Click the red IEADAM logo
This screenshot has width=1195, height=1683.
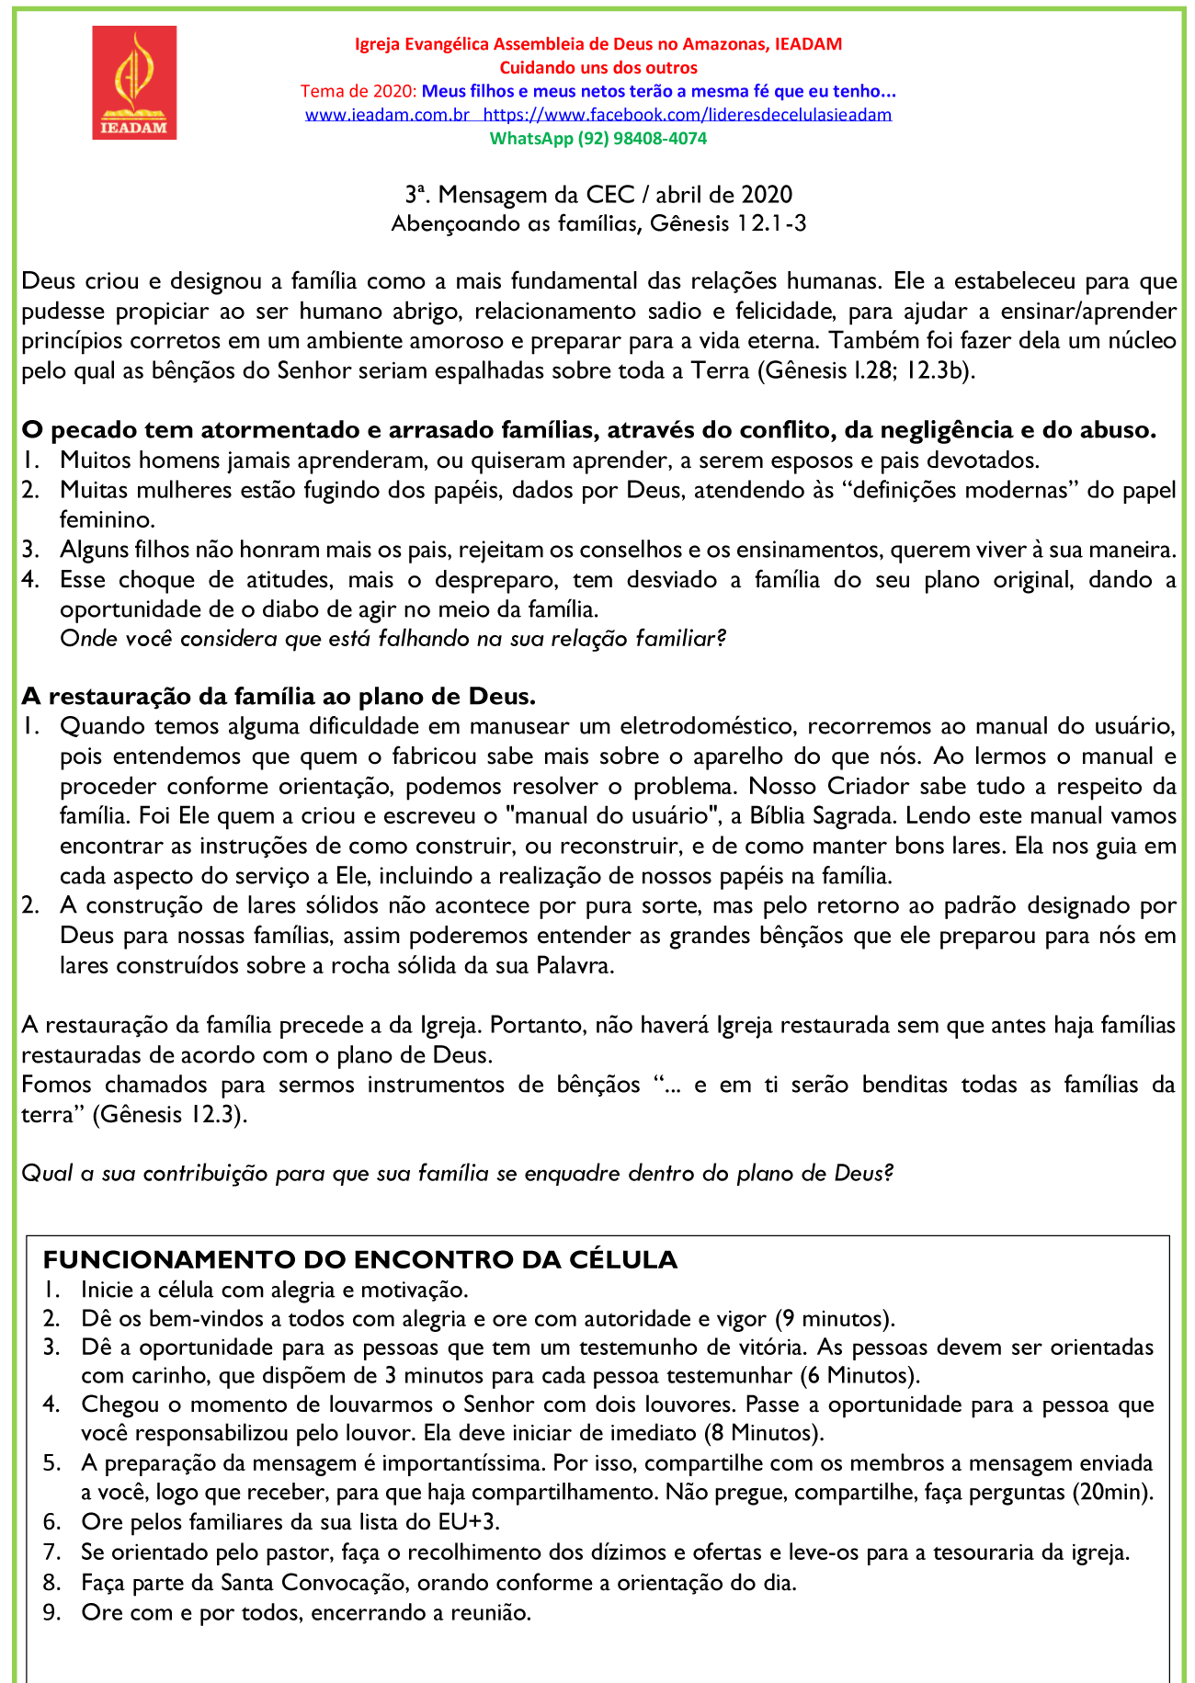pos(134,83)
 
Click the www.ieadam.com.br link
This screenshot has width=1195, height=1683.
pos(387,115)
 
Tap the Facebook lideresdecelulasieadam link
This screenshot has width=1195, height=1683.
pos(687,115)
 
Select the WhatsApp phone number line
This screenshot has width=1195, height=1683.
pos(597,139)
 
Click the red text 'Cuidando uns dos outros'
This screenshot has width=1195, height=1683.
pos(598,68)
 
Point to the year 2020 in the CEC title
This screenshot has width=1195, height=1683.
pos(766,195)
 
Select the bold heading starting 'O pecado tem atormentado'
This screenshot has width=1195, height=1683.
pos(588,430)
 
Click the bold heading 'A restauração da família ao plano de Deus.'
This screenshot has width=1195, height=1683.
pos(279,696)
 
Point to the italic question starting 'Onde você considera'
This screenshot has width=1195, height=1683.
pos(393,638)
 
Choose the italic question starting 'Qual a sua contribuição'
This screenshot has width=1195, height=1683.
pos(457,1173)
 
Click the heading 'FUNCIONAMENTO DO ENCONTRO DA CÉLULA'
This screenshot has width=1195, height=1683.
pos(360,1259)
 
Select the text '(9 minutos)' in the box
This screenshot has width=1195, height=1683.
pos(834,1319)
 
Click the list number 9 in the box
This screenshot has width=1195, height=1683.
pos(51,1612)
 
